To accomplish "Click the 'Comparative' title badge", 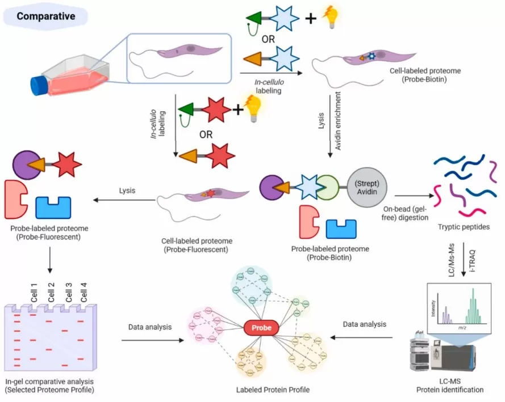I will (x=45, y=16).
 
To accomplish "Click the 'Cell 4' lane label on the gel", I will (x=84, y=293).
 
